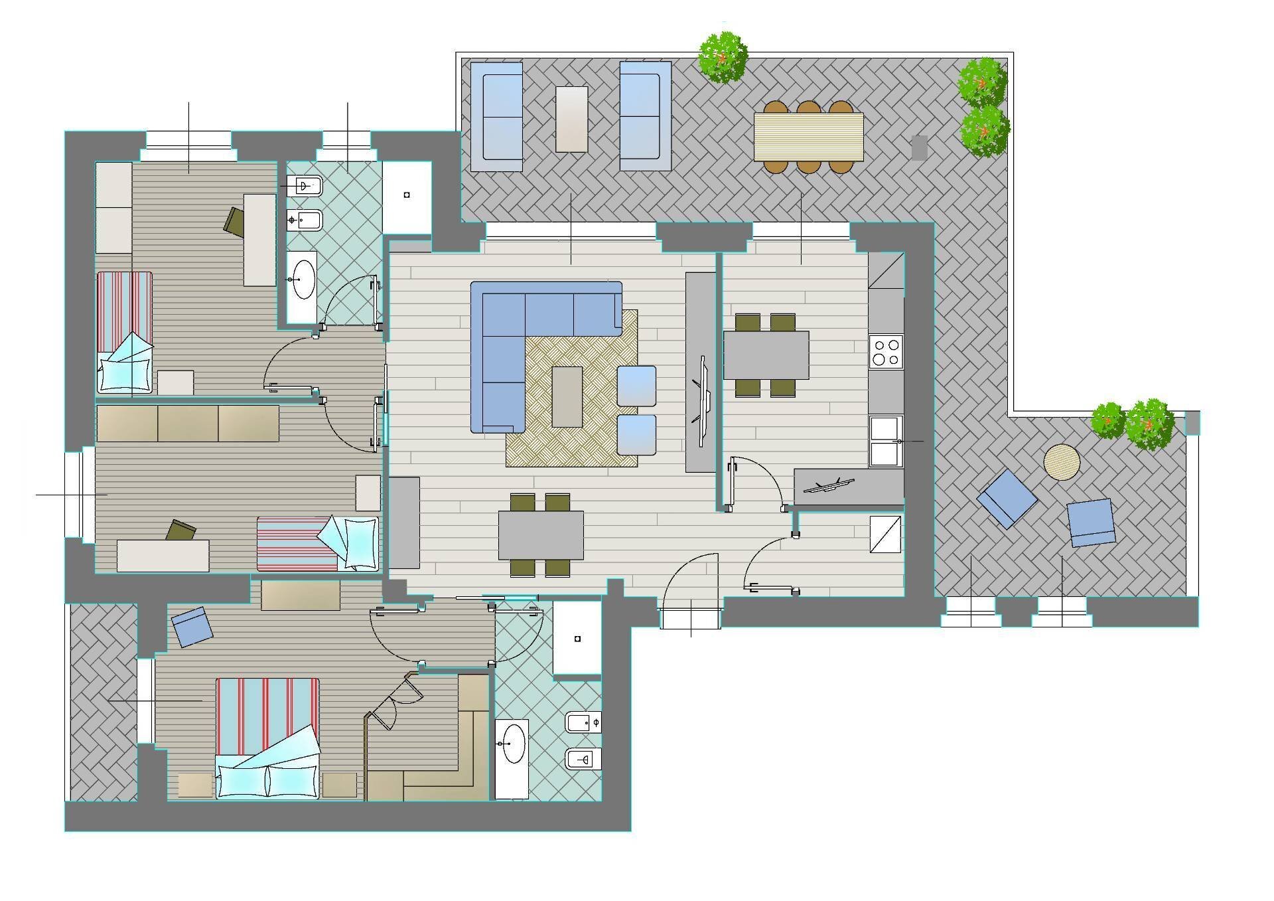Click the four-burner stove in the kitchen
click(886, 352)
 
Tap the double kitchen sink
click(885, 441)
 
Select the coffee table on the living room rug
click(567, 396)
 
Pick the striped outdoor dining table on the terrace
click(808, 137)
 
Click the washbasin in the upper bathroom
click(303, 280)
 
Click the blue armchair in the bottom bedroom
click(192, 626)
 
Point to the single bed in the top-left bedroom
click(125, 332)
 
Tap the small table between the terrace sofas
click(571, 120)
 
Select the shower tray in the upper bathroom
click(407, 195)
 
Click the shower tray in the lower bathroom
click(577, 639)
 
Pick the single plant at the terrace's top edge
click(723, 58)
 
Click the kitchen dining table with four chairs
click(766, 355)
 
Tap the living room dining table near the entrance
click(541, 535)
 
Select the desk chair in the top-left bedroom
click(236, 220)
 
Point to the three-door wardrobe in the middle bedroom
click(188, 424)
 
